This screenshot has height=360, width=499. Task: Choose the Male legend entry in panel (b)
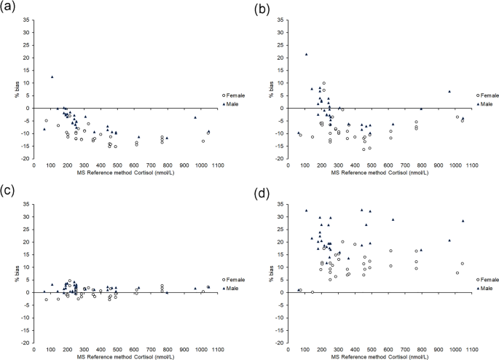click(x=488, y=104)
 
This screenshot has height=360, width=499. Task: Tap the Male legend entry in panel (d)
click(x=488, y=289)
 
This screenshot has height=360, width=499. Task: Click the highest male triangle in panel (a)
click(x=52, y=77)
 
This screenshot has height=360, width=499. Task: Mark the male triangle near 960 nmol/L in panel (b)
click(x=449, y=92)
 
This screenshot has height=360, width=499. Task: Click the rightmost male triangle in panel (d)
click(x=463, y=221)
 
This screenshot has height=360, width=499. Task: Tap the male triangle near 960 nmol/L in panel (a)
click(x=195, y=117)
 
